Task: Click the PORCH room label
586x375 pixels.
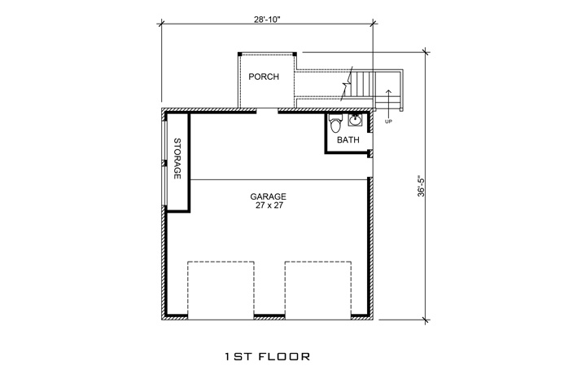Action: [264, 77]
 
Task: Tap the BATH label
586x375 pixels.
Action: [348, 139]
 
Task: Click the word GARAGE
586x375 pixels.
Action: [268, 196]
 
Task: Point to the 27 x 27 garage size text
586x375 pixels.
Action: [268, 206]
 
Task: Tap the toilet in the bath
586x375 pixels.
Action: [335, 123]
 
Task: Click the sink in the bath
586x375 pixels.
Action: [355, 121]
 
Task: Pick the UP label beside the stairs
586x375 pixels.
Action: [389, 121]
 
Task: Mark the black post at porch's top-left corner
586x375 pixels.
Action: [240, 54]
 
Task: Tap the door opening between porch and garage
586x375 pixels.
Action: [266, 109]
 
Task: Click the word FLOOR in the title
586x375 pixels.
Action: [287, 356]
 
